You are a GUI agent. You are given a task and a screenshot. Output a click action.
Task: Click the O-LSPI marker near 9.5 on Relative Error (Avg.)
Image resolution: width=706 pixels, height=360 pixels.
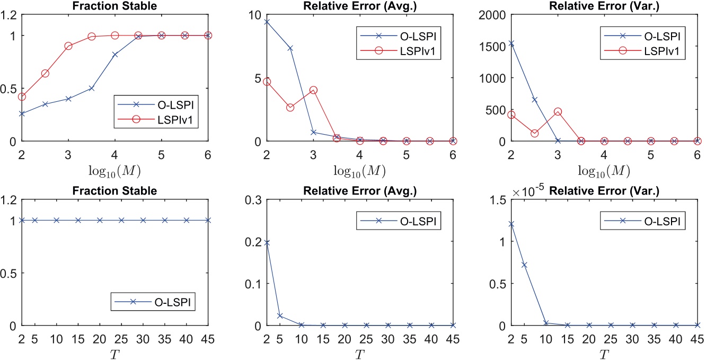point(267,22)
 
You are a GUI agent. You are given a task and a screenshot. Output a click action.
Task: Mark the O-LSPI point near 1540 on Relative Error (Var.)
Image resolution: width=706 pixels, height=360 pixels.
point(511,43)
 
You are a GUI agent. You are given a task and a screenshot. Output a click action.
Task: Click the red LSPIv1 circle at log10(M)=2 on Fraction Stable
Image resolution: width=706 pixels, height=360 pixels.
point(22,96)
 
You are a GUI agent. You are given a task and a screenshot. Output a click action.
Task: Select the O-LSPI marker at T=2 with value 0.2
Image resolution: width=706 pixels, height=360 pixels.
point(267,242)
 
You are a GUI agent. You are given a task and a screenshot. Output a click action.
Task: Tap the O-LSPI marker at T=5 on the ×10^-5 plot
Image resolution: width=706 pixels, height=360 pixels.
point(524,265)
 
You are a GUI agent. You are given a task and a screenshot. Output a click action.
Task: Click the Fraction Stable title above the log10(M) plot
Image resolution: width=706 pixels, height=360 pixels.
point(114,5)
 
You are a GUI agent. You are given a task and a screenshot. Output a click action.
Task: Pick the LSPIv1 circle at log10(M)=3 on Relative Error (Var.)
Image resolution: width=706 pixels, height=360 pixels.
point(558,112)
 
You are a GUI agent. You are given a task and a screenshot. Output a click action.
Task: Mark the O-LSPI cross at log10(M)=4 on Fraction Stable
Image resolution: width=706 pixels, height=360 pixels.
point(115,54)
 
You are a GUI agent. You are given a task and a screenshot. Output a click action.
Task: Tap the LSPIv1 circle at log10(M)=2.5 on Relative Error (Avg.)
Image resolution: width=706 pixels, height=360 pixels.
point(290,108)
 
